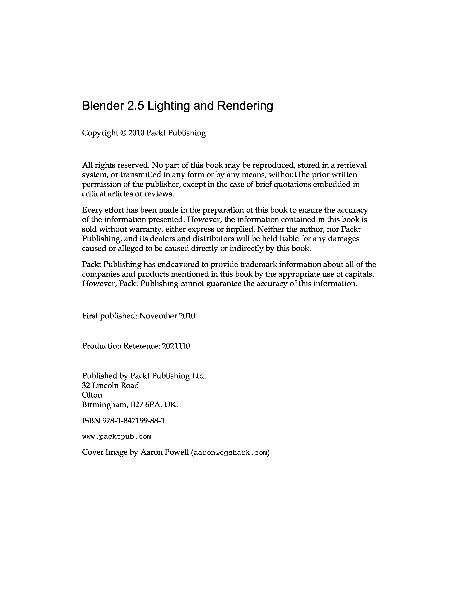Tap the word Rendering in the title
click(245, 106)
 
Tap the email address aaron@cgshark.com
click(230, 453)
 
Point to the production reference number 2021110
click(176, 346)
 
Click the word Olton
click(92, 395)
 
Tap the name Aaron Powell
click(165, 452)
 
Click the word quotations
click(292, 184)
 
